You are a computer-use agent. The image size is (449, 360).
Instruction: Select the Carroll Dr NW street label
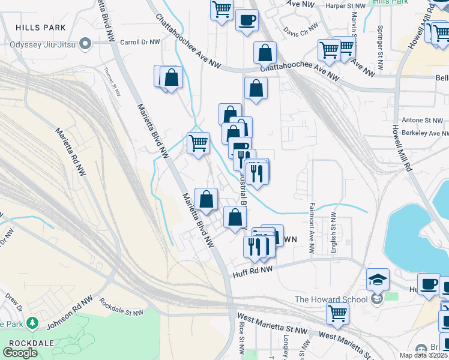[140, 43]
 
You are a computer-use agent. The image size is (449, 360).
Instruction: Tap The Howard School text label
[331, 299]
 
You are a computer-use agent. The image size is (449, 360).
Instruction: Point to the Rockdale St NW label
[121, 307]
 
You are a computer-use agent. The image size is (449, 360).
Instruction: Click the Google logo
[20, 353]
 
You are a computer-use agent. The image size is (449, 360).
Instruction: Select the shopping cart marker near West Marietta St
[338, 313]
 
